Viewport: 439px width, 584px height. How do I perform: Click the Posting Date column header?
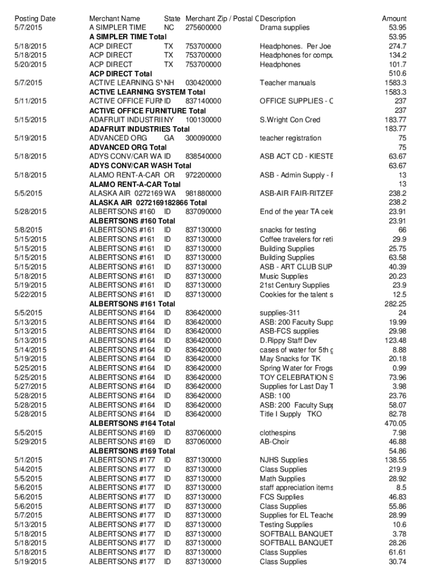click(x=35, y=19)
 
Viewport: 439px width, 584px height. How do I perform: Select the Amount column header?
click(x=394, y=19)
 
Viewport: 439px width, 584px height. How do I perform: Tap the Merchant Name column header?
click(x=115, y=19)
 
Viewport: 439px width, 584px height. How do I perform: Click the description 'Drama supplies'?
click(x=284, y=27)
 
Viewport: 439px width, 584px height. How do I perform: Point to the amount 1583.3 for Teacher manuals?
click(x=395, y=83)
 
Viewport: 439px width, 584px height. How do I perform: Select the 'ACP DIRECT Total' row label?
click(x=120, y=74)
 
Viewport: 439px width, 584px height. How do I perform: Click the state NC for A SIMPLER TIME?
click(x=169, y=27)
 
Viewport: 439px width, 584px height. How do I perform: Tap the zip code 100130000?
click(x=204, y=120)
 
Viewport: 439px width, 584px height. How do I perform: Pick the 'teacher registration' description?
click(x=290, y=138)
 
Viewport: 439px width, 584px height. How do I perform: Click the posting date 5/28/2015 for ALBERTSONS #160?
click(x=31, y=212)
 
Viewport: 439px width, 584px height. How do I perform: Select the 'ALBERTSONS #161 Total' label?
click(x=132, y=304)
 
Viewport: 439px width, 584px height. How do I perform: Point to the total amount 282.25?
click(x=395, y=304)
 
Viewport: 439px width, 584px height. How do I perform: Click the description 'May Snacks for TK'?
click(x=290, y=359)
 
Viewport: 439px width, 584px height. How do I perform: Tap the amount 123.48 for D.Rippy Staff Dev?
click(x=395, y=340)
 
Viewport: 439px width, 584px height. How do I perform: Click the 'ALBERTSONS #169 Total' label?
click(x=132, y=451)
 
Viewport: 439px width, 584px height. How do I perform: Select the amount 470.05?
click(x=395, y=423)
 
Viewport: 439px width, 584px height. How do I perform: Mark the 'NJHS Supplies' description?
click(x=283, y=460)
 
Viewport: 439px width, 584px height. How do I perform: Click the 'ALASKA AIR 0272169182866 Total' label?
click(x=148, y=202)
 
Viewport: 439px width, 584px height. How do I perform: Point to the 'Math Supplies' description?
click(x=282, y=478)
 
